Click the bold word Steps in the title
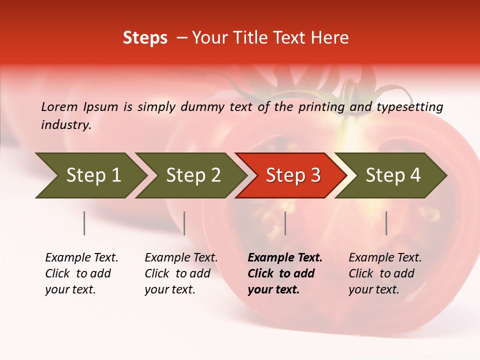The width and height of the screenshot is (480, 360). [145, 38]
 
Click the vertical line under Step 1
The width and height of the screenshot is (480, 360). [84, 223]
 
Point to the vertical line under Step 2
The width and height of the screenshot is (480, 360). [184, 223]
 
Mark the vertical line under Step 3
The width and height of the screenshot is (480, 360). [285, 223]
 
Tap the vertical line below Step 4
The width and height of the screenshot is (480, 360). [386, 223]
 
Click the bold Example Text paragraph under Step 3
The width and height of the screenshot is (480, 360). [285, 273]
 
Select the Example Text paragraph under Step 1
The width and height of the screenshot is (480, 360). [81, 273]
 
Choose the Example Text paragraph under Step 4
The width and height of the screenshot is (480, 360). [385, 273]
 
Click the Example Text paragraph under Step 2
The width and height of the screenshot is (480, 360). [181, 273]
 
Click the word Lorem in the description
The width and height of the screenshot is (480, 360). [59, 106]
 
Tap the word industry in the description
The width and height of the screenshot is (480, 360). [65, 124]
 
